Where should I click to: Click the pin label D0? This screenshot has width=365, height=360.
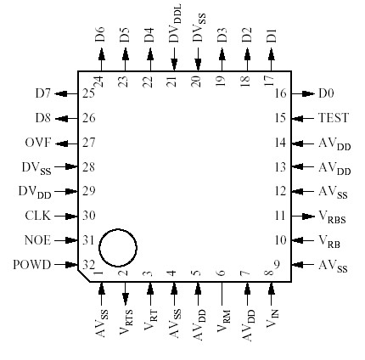point(326,94)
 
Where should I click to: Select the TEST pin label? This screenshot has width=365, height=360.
point(332,119)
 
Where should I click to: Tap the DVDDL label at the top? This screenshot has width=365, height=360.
point(175,23)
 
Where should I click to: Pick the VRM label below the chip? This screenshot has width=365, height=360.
point(223,327)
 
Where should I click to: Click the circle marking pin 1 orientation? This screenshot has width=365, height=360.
point(118,248)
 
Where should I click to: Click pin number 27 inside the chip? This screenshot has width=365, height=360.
point(88,143)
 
